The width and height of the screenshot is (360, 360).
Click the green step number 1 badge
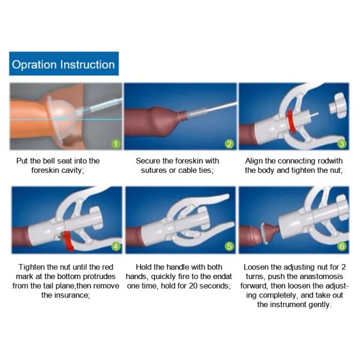[x=116, y=144]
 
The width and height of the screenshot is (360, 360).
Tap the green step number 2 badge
[x=229, y=144]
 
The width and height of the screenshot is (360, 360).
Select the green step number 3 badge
[x=341, y=144]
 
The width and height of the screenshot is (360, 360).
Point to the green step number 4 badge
[x=116, y=247]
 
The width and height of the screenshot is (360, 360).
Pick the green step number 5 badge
[x=229, y=247]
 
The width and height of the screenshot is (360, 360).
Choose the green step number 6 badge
[x=341, y=247]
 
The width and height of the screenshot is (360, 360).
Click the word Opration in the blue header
[x=34, y=65]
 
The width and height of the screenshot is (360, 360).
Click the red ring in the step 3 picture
[x=290, y=121]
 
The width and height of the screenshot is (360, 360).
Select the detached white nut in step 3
[x=337, y=105]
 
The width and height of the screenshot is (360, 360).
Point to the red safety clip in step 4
[x=68, y=241]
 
